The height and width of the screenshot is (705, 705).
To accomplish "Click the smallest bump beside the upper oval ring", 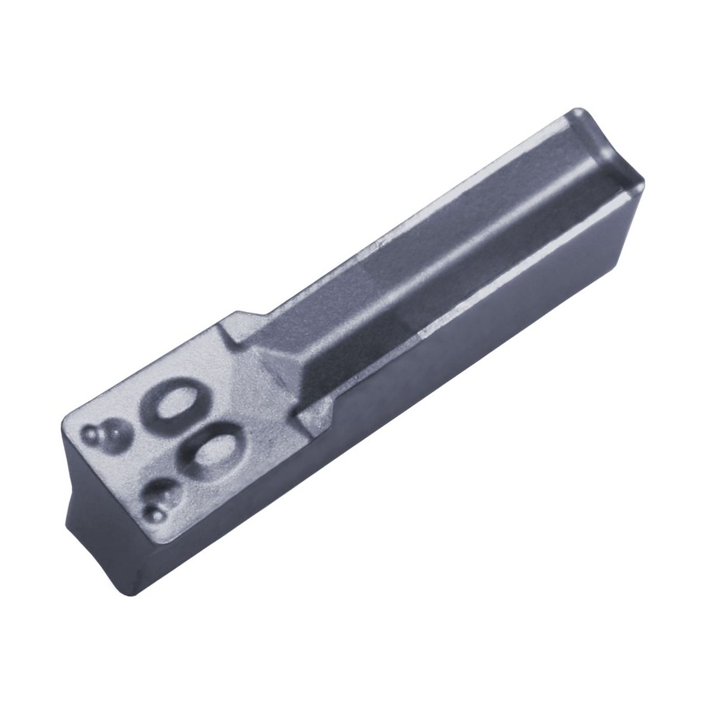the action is (x=90, y=435).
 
